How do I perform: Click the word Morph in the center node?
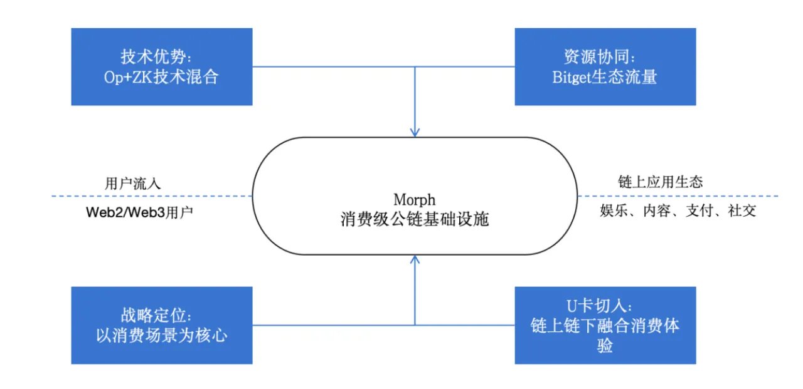coord(415,200)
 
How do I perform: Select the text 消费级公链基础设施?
coord(415,219)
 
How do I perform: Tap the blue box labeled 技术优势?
coord(162,67)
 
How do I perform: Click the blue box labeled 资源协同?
coord(605,67)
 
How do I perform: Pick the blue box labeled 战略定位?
coord(162,325)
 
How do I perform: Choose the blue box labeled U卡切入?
coord(605,325)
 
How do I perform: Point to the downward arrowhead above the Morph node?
coord(415,132)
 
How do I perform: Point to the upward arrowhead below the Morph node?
coord(415,260)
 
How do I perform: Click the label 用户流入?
coord(132,184)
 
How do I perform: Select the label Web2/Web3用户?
coord(139,212)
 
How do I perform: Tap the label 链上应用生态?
coord(661,182)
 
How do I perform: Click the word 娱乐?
coord(614,210)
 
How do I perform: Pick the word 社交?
coord(742,210)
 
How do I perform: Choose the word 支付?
coord(699,210)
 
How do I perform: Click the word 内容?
coord(657,210)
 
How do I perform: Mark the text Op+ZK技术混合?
coord(161,77)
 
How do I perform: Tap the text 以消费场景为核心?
coord(162,335)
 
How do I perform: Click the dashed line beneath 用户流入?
coord(152,196)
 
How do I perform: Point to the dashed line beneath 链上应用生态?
coord(678,196)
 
